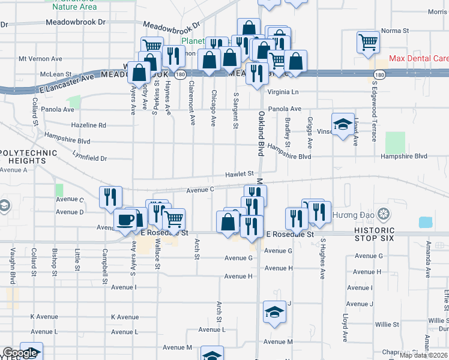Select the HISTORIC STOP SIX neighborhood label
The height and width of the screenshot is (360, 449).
pyautogui.click(x=374, y=234)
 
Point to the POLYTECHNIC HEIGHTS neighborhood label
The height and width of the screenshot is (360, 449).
pyautogui.click(x=28, y=157)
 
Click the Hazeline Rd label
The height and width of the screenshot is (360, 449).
pyautogui.click(x=88, y=125)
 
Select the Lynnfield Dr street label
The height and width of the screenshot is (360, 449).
pyautogui.click(x=87, y=158)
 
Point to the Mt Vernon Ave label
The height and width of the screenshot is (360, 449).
pyautogui.click(x=41, y=59)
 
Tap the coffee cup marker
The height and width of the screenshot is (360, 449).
pyautogui.click(x=125, y=220)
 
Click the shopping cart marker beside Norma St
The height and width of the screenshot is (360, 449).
pyautogui.click(x=368, y=42)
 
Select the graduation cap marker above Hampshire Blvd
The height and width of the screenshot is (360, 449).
pyautogui.click(x=343, y=124)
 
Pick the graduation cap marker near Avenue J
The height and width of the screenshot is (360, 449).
pyautogui.click(x=274, y=312)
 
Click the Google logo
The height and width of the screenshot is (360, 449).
pyautogui.click(x=20, y=353)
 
